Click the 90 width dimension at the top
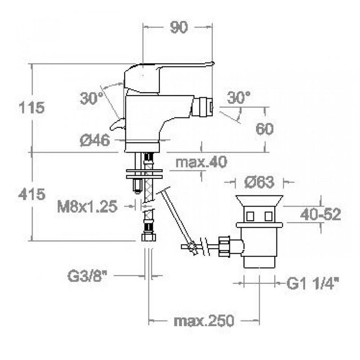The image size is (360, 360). pyautogui.click(x=179, y=27)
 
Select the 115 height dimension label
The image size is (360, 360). pyautogui.click(x=31, y=108)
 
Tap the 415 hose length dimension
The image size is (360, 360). pyautogui.click(x=31, y=194)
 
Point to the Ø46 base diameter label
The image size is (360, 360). pyautogui.click(x=95, y=140)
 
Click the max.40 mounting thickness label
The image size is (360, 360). pyautogui.click(x=201, y=162)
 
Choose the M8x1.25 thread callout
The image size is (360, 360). pyautogui.click(x=87, y=206)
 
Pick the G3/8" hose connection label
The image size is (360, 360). pyautogui.click(x=87, y=276)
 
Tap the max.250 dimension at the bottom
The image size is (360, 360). pyautogui.click(x=204, y=320)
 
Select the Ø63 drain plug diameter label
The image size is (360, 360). pyautogui.click(x=260, y=182)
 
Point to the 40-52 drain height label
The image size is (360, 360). pyautogui.click(x=320, y=215)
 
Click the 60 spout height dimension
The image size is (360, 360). pyautogui.click(x=265, y=129)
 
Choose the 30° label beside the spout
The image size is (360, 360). pyautogui.click(x=239, y=97)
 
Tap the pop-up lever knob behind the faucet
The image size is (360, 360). pyautogui.click(x=117, y=124)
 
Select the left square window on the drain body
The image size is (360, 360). pyautogui.click(x=250, y=216)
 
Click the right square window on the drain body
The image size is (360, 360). pyautogui.click(x=268, y=216)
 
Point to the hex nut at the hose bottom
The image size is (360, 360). pyautogui.click(x=149, y=237)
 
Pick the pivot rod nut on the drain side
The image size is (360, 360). pyautogui.click(x=224, y=247)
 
